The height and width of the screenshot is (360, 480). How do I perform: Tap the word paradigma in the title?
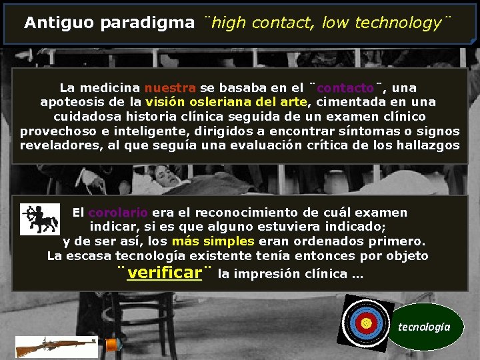[147, 23]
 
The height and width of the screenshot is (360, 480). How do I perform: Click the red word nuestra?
[170, 87]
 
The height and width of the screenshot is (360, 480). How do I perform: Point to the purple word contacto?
[345, 87]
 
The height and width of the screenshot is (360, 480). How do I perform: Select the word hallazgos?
[426, 145]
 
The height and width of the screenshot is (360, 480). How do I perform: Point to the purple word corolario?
[118, 213]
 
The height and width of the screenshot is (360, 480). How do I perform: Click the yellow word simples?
[229, 241]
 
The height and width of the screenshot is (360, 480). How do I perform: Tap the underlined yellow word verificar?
[164, 273]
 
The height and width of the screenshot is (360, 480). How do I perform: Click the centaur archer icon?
[39, 219]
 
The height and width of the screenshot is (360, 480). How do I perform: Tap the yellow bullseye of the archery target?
[365, 323]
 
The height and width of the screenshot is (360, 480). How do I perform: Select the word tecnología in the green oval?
[424, 327]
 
